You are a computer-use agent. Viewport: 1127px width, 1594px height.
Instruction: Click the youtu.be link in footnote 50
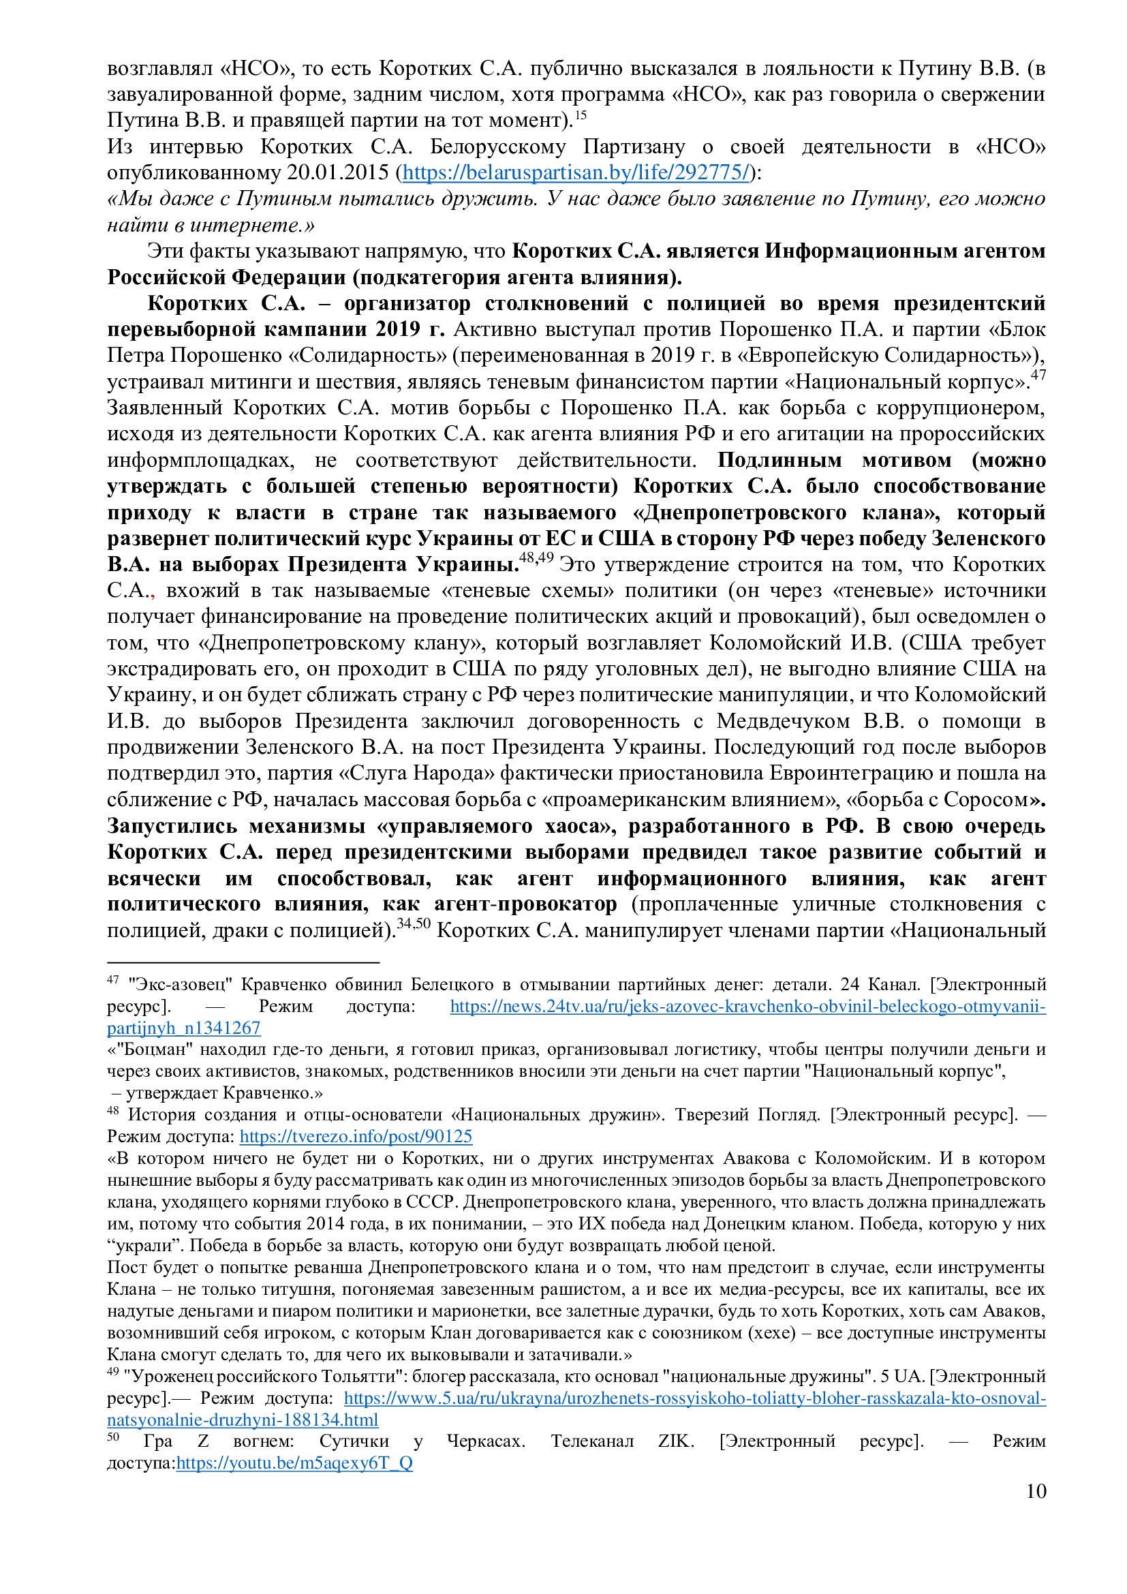294,1462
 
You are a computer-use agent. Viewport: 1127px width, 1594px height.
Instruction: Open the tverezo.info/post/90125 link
355,1137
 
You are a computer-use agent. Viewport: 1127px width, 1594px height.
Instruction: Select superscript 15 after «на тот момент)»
580,115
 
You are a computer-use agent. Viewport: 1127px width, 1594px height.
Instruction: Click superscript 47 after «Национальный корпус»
1038,375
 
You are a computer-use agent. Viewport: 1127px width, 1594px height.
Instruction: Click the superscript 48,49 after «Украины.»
536,558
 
